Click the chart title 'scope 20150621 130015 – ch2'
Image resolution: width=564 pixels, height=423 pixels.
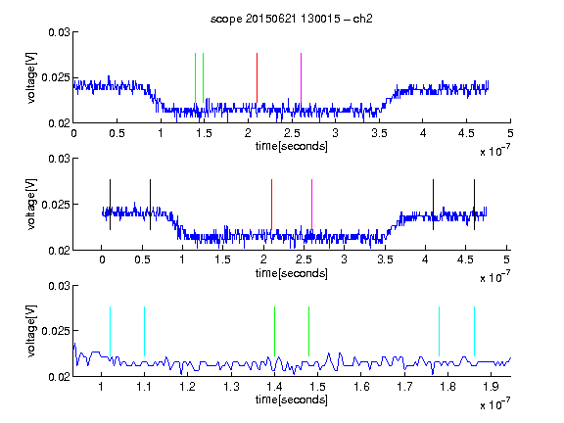[x=292, y=19]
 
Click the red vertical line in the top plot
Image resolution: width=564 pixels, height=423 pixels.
[x=257, y=77]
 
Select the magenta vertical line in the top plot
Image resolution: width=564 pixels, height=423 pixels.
[x=301, y=77]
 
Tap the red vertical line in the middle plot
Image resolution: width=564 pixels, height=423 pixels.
[x=271, y=205]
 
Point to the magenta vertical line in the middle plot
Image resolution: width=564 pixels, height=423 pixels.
[x=311, y=205]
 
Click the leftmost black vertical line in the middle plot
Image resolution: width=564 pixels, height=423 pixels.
[x=110, y=205]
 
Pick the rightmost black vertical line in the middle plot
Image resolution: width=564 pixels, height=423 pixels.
[x=474, y=205]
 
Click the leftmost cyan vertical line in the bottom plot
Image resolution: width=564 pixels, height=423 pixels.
[x=110, y=331]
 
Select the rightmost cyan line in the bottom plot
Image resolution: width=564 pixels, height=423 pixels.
[x=474, y=331]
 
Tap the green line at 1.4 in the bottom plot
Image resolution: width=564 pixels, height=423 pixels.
[x=274, y=331]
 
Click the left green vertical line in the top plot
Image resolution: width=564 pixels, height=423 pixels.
[x=195, y=77]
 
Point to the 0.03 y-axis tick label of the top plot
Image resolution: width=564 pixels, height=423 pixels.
[x=59, y=32]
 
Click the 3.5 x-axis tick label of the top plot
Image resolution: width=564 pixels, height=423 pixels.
[x=379, y=133]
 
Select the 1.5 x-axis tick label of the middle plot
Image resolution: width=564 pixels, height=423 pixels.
[x=222, y=259]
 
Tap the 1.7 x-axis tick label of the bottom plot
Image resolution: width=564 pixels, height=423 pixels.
[x=404, y=387]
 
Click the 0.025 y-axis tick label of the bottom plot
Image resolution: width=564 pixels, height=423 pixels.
[x=56, y=331]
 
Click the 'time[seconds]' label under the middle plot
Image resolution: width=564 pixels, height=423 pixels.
[x=292, y=273]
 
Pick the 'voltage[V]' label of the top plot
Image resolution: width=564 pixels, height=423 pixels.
[x=31, y=77]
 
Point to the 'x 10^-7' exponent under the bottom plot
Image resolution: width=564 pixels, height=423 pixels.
[x=494, y=404]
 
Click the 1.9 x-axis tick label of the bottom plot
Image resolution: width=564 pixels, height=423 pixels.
[x=491, y=387]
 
